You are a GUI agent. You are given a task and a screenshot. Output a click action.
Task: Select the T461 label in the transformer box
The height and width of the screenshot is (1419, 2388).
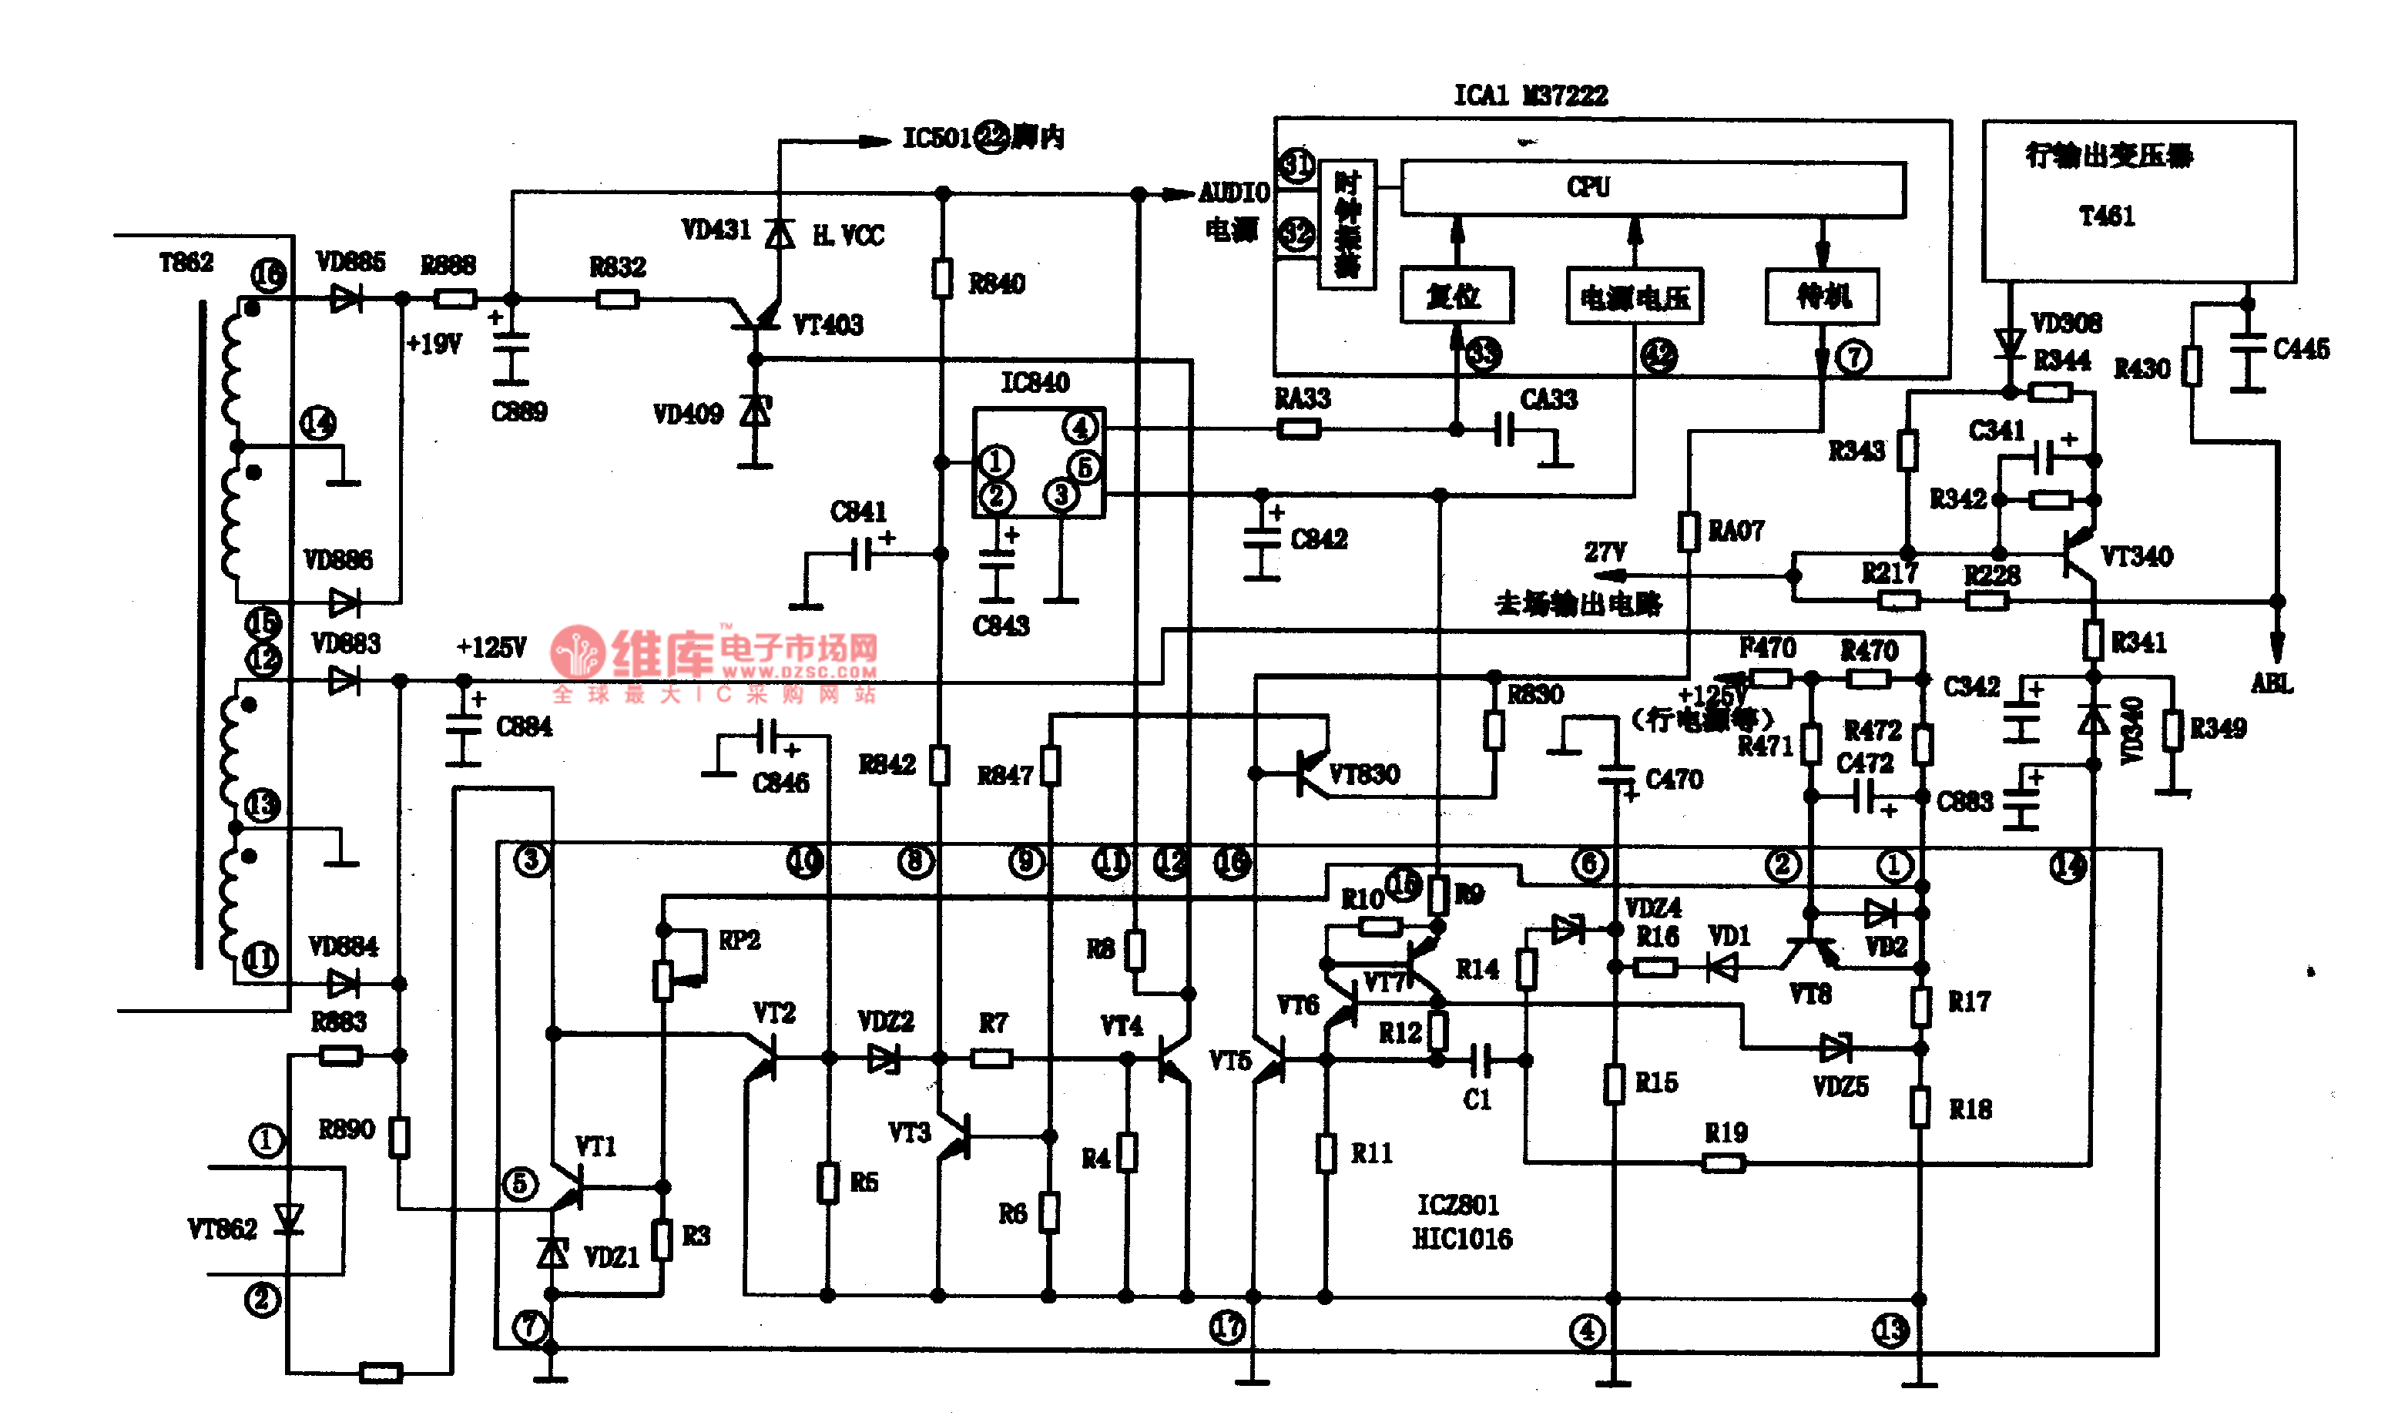(2106, 216)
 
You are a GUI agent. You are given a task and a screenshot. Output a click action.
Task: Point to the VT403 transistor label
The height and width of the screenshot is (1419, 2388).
(828, 325)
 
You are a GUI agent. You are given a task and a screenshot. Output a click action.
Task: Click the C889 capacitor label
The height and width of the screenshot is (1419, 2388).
(519, 412)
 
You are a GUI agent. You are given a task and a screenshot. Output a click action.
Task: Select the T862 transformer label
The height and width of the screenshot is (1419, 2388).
(186, 262)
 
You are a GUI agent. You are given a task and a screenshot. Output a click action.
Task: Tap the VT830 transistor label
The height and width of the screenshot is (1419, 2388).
(1363, 773)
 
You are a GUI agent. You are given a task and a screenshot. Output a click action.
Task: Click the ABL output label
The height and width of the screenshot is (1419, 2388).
(2272, 683)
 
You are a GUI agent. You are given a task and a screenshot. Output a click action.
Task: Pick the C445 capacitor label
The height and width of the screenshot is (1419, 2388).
(2301, 349)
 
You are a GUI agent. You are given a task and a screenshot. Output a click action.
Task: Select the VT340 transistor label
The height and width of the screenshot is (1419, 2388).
(2137, 556)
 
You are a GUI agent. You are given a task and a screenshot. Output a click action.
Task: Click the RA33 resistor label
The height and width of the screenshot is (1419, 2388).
(1302, 399)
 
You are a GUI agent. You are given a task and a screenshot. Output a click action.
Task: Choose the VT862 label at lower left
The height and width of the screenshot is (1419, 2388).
(222, 1229)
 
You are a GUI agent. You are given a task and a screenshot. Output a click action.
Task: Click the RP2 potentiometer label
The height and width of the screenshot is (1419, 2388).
(739, 941)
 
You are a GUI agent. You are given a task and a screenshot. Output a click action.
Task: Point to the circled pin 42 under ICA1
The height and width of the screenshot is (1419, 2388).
(1659, 357)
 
